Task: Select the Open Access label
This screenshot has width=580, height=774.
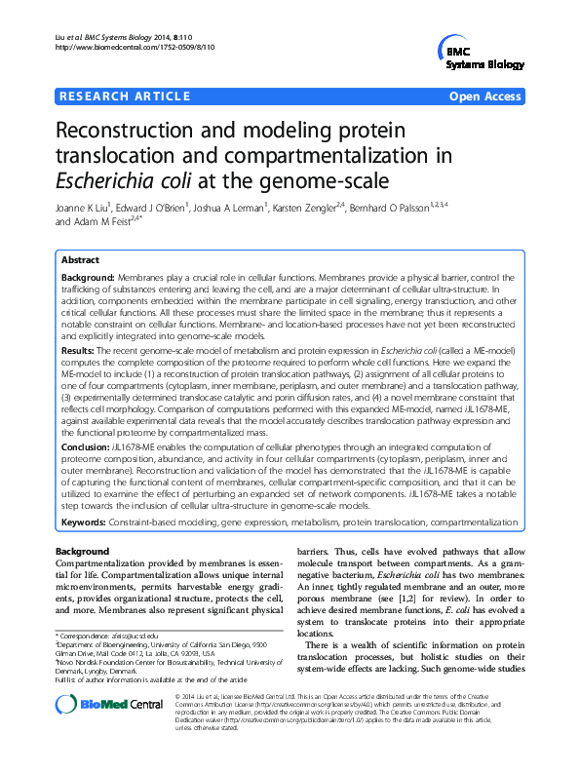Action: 486,97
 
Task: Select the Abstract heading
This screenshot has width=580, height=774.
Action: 81,261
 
